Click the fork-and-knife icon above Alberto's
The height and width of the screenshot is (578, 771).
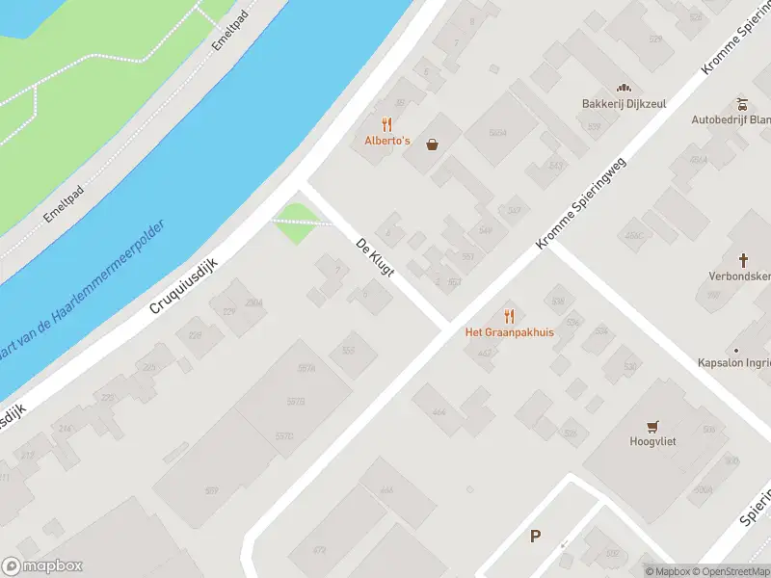(x=387, y=124)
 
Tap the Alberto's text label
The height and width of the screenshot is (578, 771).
(x=387, y=141)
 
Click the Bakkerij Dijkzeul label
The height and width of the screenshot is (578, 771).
(x=624, y=104)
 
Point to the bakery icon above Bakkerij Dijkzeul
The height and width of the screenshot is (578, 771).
(x=624, y=88)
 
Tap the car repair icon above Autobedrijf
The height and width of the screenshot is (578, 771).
(x=742, y=104)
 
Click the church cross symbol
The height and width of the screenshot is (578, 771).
(x=743, y=259)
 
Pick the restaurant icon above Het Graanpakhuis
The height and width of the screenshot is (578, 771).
(x=510, y=316)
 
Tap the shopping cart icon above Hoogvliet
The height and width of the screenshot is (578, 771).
(x=654, y=426)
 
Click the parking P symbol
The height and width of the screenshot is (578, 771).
(x=535, y=537)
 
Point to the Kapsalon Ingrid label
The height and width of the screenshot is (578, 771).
(x=734, y=363)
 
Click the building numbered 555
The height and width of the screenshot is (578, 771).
(x=347, y=350)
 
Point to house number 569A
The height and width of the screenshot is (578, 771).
(x=497, y=133)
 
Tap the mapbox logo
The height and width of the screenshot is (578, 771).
(x=42, y=566)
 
